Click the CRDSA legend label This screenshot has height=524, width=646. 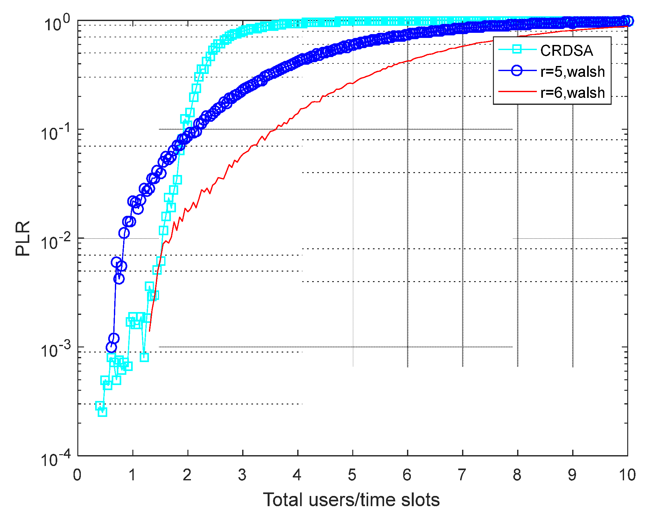click(x=566, y=51)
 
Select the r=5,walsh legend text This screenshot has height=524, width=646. click(x=572, y=72)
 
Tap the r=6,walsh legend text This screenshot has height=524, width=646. click(x=572, y=93)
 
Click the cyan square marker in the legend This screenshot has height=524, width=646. click(x=517, y=49)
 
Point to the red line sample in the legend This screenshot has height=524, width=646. click(x=517, y=91)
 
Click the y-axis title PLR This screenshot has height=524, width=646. click(x=23, y=238)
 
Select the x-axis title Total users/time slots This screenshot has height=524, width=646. click(x=351, y=500)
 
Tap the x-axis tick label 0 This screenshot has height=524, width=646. click(x=77, y=475)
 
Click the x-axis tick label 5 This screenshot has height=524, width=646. click(x=352, y=475)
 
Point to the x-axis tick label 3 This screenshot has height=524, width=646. click(x=242, y=475)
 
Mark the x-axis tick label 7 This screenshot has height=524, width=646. click(x=462, y=475)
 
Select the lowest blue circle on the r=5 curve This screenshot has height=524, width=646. click(x=111, y=347)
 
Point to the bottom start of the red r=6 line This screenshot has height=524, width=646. click(x=150, y=331)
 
